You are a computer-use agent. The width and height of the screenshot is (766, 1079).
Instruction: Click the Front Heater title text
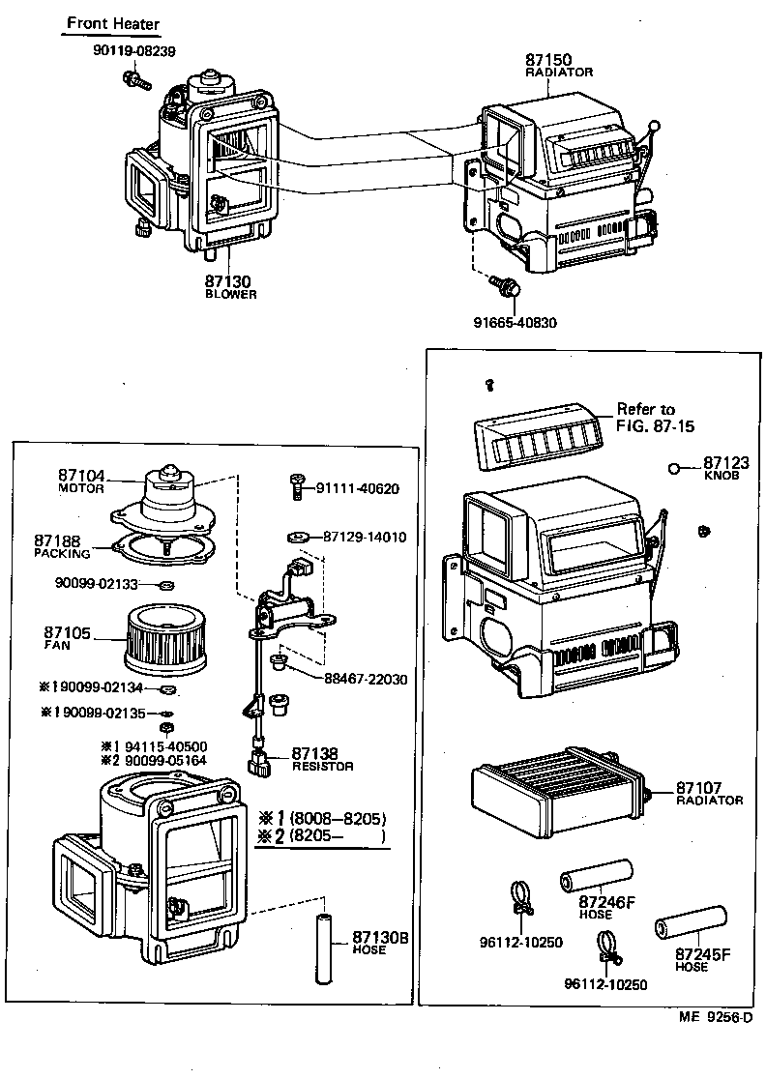point(113,23)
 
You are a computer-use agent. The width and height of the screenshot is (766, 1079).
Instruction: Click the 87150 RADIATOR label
point(558,64)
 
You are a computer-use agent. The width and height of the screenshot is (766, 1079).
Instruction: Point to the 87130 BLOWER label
point(230,286)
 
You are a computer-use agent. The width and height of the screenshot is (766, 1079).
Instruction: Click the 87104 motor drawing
point(170,495)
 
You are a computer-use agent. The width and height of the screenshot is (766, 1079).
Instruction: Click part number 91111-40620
point(357,489)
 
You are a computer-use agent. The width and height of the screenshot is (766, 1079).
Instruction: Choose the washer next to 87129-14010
point(298,537)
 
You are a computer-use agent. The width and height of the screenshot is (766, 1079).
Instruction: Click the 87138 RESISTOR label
point(322,759)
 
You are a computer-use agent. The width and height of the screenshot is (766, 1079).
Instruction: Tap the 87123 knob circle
point(673,470)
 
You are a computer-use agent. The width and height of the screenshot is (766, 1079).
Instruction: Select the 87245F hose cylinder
point(692,918)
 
